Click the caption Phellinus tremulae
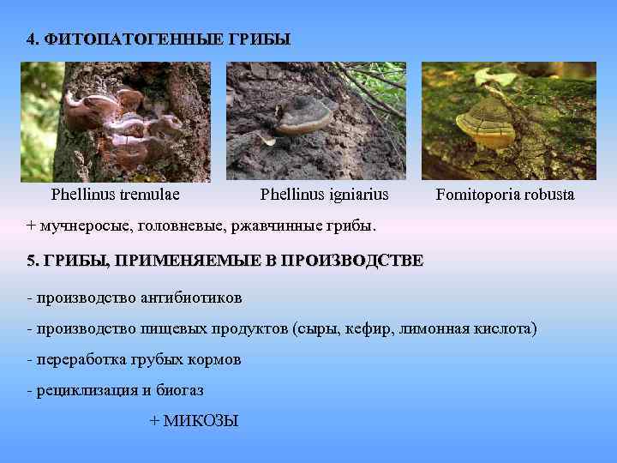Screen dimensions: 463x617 click(116, 195)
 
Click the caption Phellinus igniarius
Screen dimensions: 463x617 click(324, 195)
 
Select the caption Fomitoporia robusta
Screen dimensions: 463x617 click(505, 195)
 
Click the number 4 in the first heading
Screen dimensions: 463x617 click(31, 39)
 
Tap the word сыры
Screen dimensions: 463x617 click(316, 328)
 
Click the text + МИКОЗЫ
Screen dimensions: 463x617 click(194, 421)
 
